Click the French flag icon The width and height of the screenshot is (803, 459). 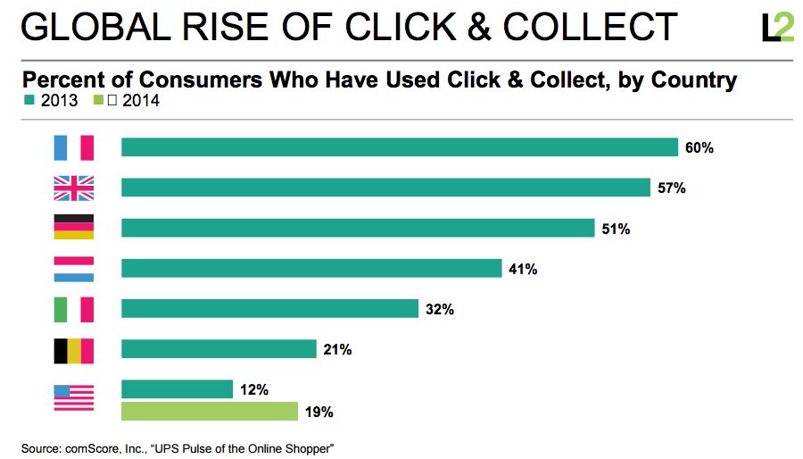coord(73,147)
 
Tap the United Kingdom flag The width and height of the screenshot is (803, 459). coord(73,188)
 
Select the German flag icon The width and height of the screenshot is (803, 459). coord(73,228)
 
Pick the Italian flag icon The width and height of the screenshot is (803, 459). coord(73,308)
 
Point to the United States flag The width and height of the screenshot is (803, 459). coord(73,396)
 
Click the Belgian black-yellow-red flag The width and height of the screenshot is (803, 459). coord(73,349)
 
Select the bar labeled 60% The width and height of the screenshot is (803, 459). coord(400,147)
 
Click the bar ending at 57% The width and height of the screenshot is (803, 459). coord(385,188)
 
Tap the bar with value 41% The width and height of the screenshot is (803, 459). coord(311,268)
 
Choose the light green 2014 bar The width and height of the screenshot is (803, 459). coord(210,412)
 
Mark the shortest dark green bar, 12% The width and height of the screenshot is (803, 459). coord(177,389)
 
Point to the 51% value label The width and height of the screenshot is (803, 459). coord(616,229)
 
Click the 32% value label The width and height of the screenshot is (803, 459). coord(440,309)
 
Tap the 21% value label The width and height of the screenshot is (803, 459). coord(337,349)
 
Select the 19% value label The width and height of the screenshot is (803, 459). coord(319,413)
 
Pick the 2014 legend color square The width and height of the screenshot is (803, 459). coord(97,101)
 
